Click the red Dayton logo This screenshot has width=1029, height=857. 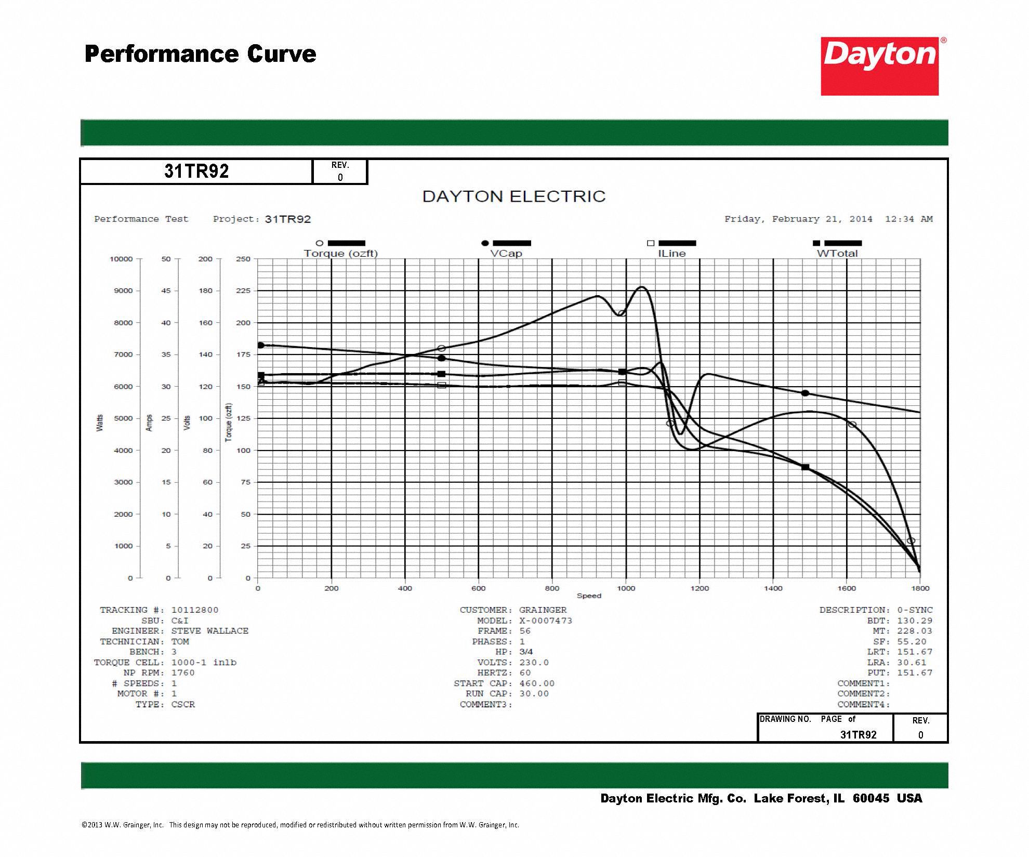tap(879, 66)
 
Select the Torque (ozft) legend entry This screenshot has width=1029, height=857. tap(340, 253)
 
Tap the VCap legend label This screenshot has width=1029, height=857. tap(506, 253)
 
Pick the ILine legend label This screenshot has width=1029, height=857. tap(671, 253)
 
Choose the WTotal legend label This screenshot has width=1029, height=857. tap(837, 253)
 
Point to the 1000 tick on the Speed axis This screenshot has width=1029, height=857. tap(626, 588)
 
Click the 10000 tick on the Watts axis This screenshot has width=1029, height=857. tap(121, 259)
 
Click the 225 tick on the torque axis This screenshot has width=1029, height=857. tap(243, 291)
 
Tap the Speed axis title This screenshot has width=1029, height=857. tap(589, 596)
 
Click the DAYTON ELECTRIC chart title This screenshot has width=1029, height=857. tap(514, 196)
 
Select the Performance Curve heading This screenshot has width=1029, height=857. tap(201, 54)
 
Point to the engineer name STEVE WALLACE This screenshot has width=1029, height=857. tap(210, 631)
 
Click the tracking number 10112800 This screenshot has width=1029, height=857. tap(195, 610)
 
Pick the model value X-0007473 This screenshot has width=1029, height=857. tap(546, 621)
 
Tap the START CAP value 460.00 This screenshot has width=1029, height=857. tap(537, 683)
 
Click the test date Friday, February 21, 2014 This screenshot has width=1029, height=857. tap(798, 219)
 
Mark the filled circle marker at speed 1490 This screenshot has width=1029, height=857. tap(805, 393)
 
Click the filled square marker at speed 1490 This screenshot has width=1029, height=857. tap(805, 467)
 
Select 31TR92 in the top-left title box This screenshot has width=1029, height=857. tap(196, 172)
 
